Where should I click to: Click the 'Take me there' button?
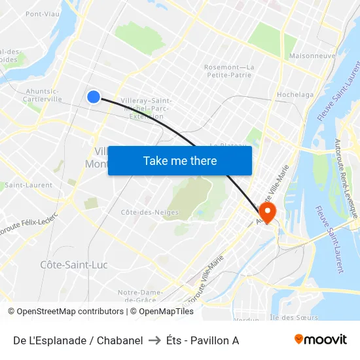[180, 160]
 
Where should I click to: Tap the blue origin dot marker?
[94, 97]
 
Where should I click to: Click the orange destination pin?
[268, 211]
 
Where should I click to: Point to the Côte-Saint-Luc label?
[74, 265]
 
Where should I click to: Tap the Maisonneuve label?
[312, 56]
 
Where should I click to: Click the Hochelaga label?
[295, 94]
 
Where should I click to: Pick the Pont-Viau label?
[43, 14]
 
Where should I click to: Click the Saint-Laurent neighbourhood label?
[29, 185]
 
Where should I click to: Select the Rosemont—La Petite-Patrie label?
[229, 71]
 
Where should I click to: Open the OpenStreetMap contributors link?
[70, 312]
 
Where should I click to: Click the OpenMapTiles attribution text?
[166, 312]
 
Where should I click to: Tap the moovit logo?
[321, 340]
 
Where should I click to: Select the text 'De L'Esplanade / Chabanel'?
[78, 340]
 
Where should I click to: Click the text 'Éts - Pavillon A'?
[202, 340]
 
